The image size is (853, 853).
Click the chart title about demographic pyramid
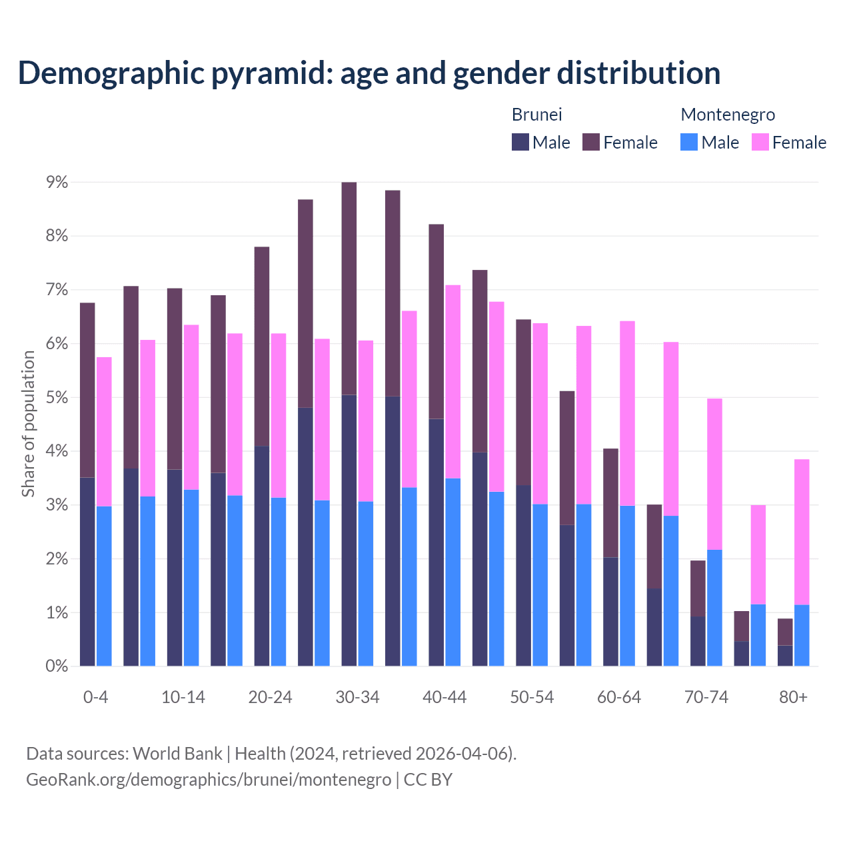coord(369,73)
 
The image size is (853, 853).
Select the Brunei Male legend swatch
coord(520,142)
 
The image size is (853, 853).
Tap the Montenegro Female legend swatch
coord(760,142)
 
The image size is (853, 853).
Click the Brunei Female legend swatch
coord(591,142)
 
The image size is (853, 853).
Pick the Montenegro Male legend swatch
coord(689,142)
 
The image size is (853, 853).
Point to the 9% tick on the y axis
coord(57,182)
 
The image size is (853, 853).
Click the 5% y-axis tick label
coord(57,397)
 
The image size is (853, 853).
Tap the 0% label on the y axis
coord(57,666)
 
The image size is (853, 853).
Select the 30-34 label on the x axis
coord(357,697)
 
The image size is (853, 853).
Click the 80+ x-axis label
coord(793,697)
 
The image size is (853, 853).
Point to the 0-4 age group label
coord(95,697)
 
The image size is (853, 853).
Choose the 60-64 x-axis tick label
coord(619,697)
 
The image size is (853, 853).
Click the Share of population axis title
coord(28,424)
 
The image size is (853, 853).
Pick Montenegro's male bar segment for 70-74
coord(714,608)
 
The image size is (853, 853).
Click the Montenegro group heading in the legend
coord(728,115)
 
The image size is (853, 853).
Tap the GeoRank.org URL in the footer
coord(209,779)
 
